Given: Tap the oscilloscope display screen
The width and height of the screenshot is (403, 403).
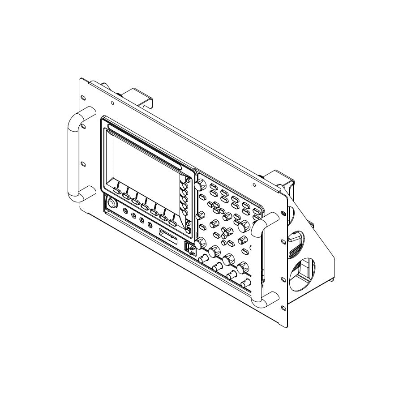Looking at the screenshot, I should pyautogui.click(x=143, y=161).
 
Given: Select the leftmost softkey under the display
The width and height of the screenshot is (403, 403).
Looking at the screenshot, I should pyautogui.click(x=117, y=191).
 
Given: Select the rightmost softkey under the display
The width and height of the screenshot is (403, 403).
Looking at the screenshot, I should pyautogui.click(x=173, y=222).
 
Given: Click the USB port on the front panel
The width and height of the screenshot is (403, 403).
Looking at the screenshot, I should pyautogui.click(x=187, y=246).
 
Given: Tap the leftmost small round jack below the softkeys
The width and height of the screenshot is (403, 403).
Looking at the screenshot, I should pyautogui.click(x=126, y=210).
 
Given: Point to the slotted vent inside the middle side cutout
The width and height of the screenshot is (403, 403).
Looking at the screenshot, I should pyautogui.click(x=296, y=240).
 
